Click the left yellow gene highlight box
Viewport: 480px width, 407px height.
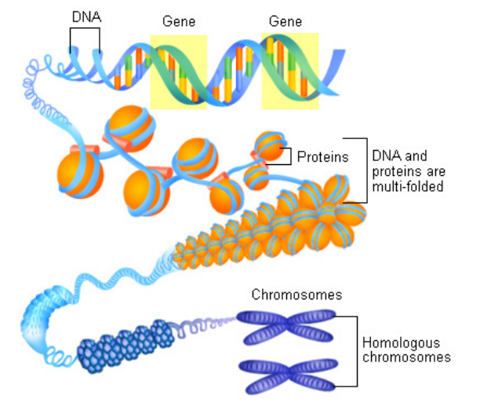(x=178, y=71)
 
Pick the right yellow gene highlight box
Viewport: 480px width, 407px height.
(x=289, y=71)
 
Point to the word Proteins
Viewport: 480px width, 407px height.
(x=322, y=157)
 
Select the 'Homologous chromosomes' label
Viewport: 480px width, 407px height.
(x=405, y=350)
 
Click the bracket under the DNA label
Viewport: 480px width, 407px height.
(x=84, y=35)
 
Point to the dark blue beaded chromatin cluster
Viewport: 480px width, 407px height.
(x=125, y=343)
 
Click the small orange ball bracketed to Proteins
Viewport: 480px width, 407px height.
(x=269, y=146)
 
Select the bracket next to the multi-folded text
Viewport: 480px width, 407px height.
(x=362, y=170)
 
